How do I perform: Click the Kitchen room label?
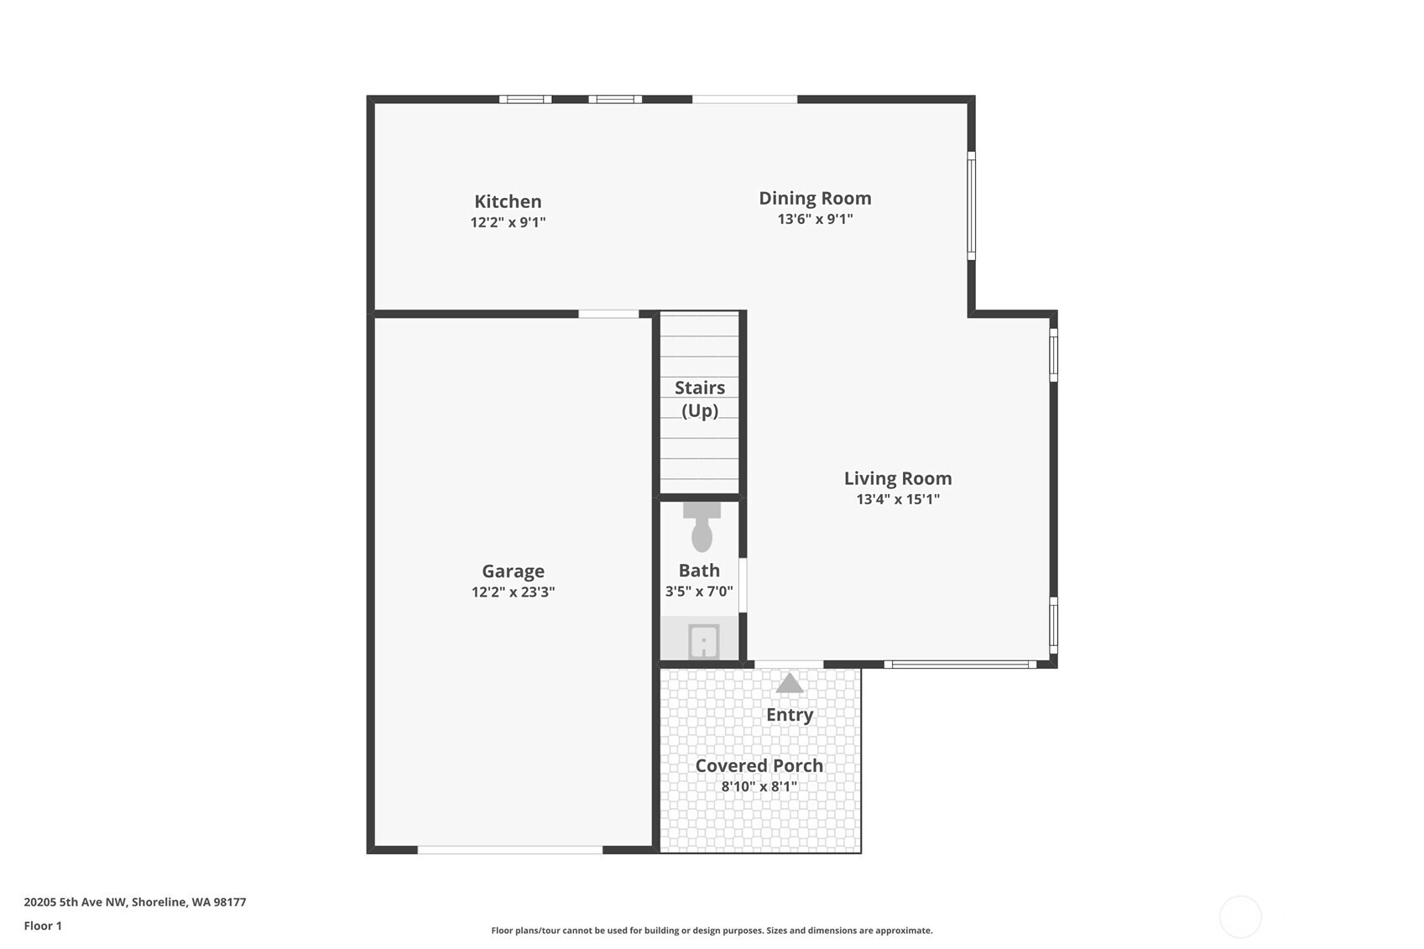tap(508, 201)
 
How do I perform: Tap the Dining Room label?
tap(815, 198)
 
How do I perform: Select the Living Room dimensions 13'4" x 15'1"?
tap(898, 499)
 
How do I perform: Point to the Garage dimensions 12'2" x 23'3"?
tap(513, 592)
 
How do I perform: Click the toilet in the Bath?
tap(702, 526)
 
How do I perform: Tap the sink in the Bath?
tap(704, 641)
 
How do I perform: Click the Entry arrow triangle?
tap(790, 683)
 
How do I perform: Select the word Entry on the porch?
tap(790, 715)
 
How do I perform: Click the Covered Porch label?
tap(759, 765)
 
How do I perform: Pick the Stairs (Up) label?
tap(700, 399)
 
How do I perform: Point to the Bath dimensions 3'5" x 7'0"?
tap(699, 592)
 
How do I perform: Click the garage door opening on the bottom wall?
tap(510, 850)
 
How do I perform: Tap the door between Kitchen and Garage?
tap(608, 314)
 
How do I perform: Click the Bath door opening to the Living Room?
tap(743, 586)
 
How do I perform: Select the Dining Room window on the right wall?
tap(972, 206)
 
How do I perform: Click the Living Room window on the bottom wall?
tap(961, 665)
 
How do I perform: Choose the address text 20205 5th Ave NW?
tap(76, 902)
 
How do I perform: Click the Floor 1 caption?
tap(44, 926)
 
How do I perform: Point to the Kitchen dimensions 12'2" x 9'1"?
tap(508, 222)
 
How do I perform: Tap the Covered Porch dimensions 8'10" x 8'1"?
tap(759, 787)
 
